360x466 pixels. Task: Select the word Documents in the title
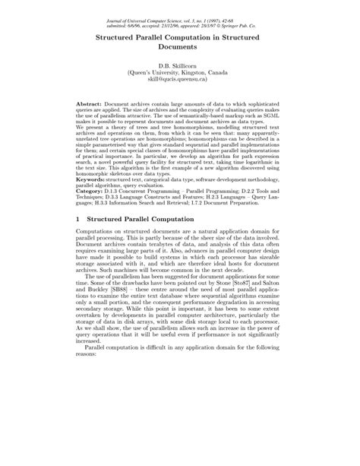pos(180,46)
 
